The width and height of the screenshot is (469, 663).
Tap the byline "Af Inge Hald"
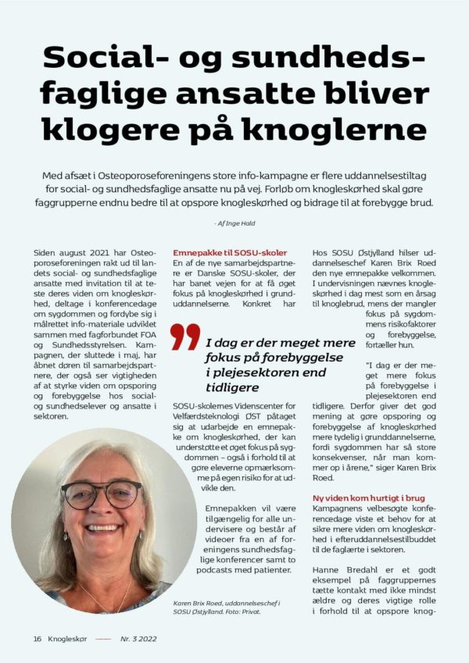pyautogui.click(x=234, y=224)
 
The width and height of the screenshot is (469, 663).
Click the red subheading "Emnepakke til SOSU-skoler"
pyautogui.click(x=229, y=253)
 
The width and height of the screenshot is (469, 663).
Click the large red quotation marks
pyautogui.click(x=185, y=337)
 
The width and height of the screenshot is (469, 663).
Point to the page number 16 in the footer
pyautogui.click(x=37, y=638)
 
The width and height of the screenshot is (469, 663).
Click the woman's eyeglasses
pyautogui.click(x=102, y=494)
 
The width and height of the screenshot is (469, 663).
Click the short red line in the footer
pyautogui.click(x=103, y=638)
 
